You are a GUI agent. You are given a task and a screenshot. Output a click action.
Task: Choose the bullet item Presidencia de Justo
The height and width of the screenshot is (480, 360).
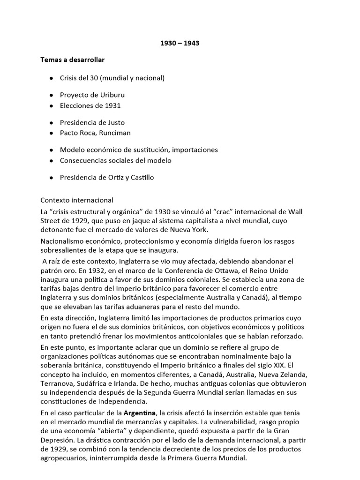(x=92, y=122)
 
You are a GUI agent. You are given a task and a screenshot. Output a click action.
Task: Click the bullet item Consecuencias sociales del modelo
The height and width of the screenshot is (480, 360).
(x=115, y=160)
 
